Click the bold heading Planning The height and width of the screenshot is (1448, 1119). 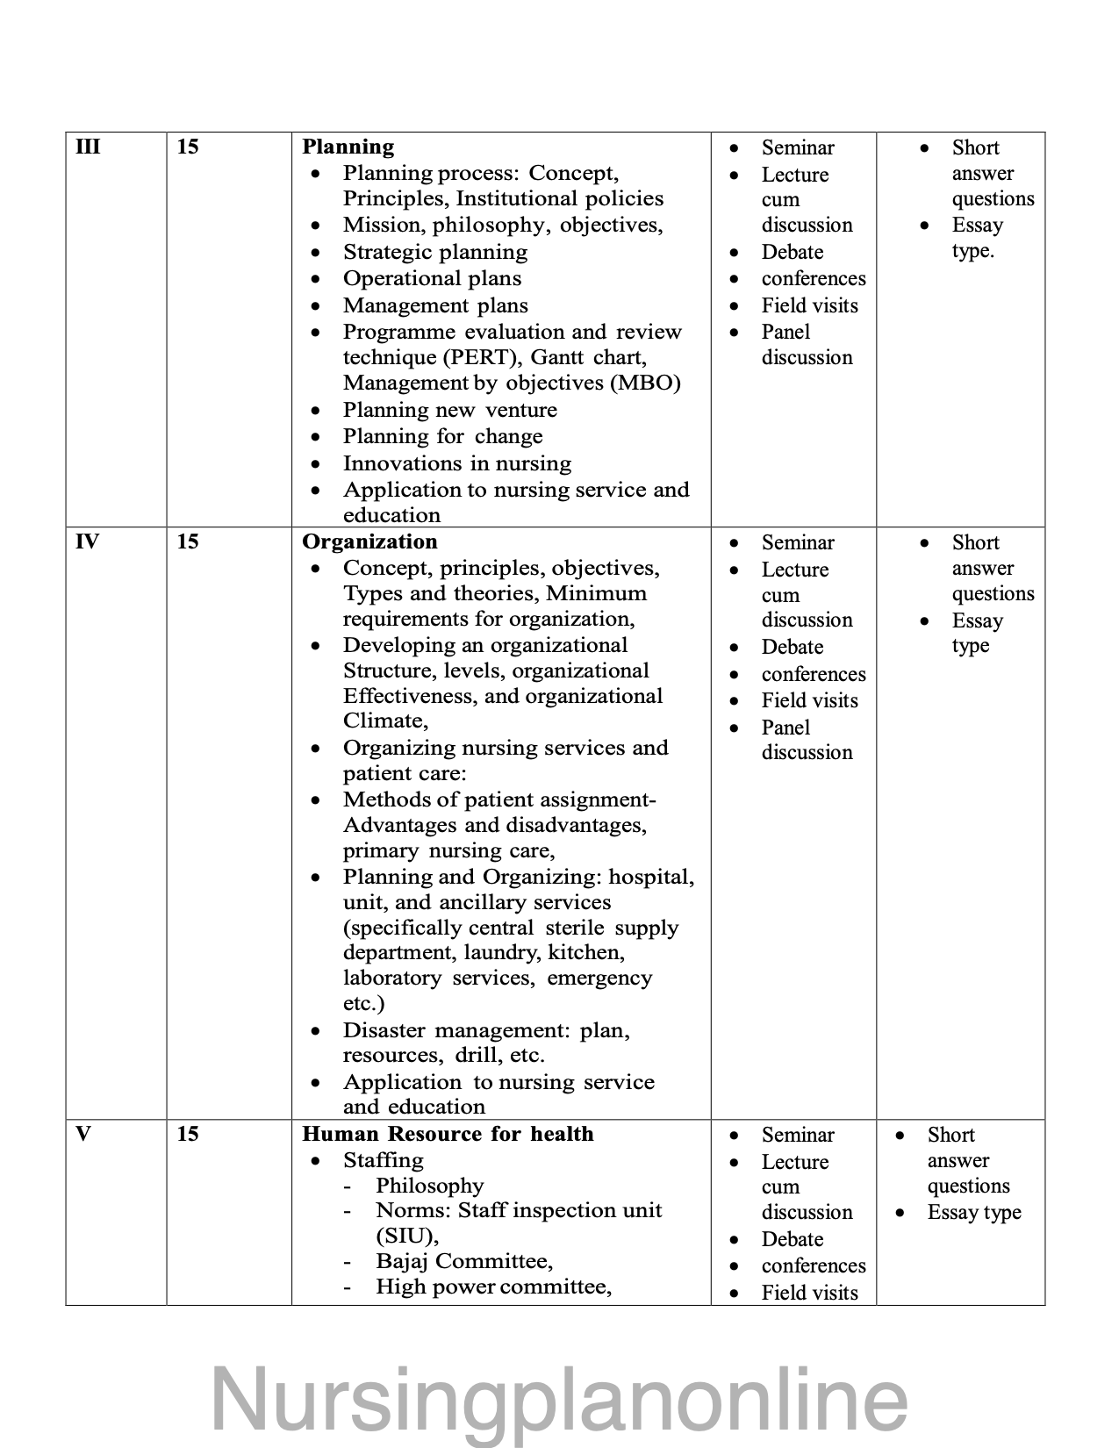click(x=348, y=147)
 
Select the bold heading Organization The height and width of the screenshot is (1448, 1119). click(x=369, y=541)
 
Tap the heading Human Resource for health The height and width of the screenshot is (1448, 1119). click(x=448, y=1134)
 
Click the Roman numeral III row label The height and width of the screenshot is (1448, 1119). click(x=88, y=147)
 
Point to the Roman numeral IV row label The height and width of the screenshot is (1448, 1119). click(x=87, y=541)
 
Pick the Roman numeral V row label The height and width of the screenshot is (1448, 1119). click(x=83, y=1134)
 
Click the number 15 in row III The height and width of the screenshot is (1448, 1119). click(x=188, y=147)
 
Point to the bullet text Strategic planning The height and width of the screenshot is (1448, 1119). click(x=435, y=252)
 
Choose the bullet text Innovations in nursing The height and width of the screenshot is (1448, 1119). click(x=457, y=463)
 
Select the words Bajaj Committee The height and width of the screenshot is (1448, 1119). click(x=464, y=1261)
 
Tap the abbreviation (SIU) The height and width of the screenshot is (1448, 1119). click(x=405, y=1236)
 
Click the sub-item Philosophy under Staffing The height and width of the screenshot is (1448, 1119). click(x=430, y=1186)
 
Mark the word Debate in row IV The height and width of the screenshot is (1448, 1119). click(x=793, y=647)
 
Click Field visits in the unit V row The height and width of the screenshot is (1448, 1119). click(x=810, y=1292)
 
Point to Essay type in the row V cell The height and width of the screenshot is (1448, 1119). click(x=974, y=1212)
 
